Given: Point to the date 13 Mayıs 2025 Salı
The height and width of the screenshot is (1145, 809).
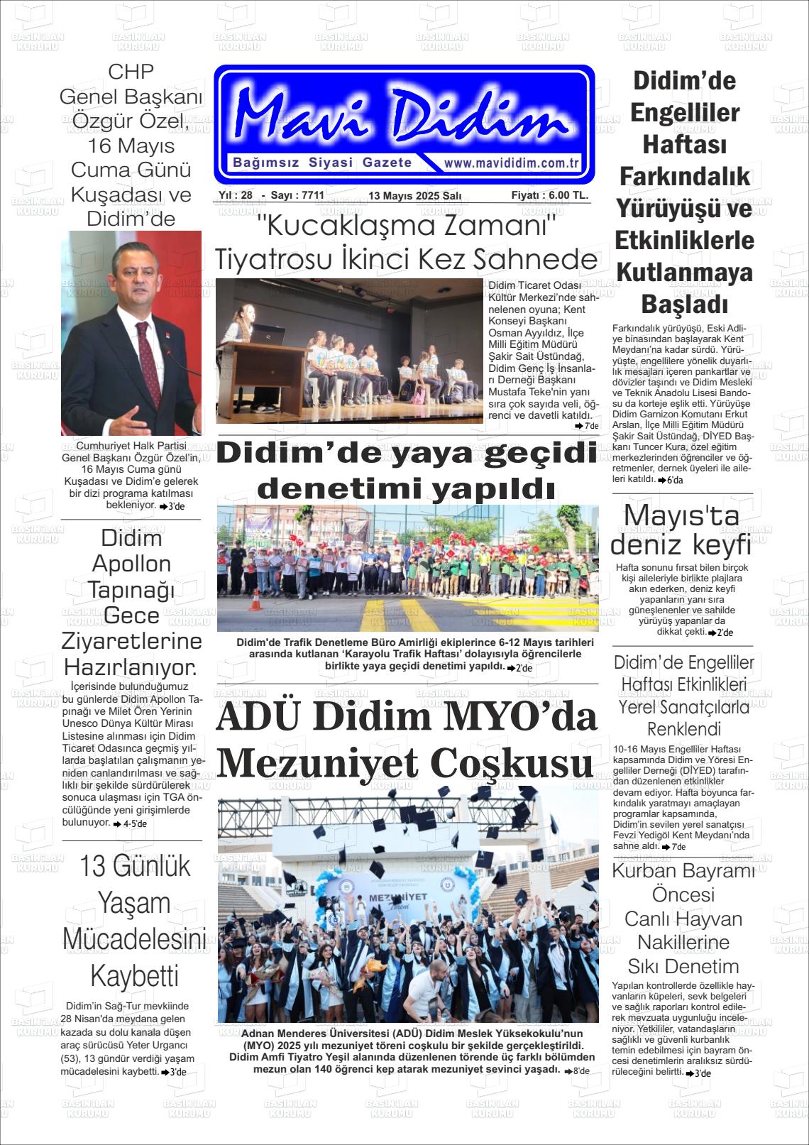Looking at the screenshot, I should (x=415, y=196).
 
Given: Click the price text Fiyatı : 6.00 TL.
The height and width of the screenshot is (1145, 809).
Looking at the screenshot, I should (x=549, y=195).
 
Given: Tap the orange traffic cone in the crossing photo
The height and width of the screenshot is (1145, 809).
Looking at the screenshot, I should (x=255, y=601).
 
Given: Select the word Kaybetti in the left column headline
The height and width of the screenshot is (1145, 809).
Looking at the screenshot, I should (x=134, y=976).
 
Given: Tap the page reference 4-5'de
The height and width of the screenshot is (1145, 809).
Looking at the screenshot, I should (x=134, y=824).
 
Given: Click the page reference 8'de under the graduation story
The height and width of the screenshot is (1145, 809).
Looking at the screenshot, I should (x=580, y=1070).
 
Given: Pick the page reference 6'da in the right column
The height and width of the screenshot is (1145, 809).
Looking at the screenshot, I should (x=673, y=480).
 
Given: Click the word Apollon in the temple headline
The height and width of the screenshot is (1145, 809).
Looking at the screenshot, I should (x=132, y=564).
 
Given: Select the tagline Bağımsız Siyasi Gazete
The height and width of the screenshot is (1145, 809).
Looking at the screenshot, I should (x=322, y=163).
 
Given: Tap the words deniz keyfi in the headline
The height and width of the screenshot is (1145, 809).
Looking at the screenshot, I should (x=681, y=545).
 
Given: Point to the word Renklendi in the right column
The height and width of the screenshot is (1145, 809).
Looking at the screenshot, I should (x=683, y=729).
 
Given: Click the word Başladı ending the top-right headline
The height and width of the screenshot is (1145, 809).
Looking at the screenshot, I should (x=684, y=305).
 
